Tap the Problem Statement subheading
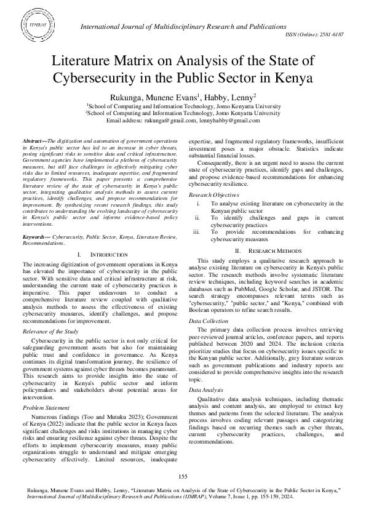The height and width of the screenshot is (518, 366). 46,407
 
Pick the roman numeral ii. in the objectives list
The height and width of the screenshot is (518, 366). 197,217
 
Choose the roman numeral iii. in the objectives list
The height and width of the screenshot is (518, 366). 197,232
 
